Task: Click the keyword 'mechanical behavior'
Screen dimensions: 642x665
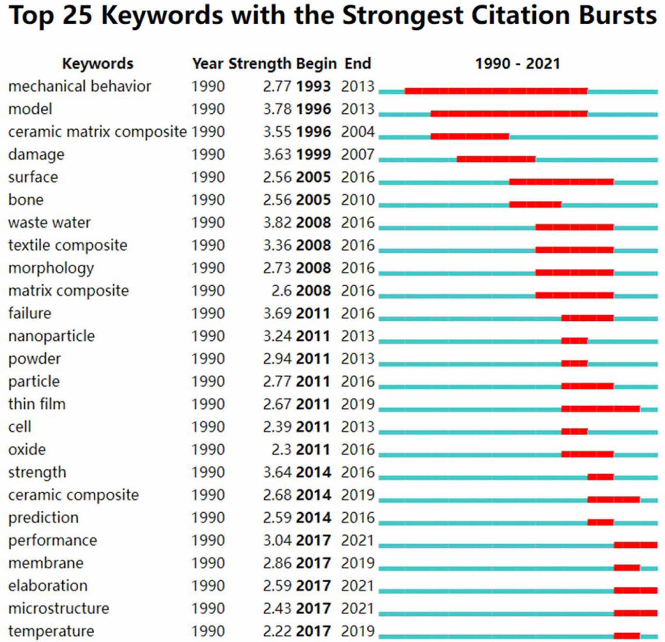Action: point(79,86)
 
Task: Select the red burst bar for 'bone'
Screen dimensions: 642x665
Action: point(535,204)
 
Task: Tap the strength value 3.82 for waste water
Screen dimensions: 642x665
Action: point(277,222)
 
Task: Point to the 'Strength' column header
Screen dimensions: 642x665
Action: point(260,63)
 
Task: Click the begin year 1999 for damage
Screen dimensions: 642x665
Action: point(313,154)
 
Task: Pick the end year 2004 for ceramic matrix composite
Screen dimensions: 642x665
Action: point(357,132)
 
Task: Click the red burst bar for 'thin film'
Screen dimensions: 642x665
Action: point(601,409)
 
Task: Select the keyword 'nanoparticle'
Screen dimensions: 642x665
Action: point(52,336)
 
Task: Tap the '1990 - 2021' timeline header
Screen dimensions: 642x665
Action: point(517,63)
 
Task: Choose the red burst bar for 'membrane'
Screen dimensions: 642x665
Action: point(626,568)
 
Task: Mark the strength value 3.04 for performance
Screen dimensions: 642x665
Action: point(277,541)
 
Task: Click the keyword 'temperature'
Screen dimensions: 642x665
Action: point(51,631)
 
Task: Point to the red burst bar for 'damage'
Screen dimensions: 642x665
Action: point(496,159)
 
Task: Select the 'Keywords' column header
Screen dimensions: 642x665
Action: point(97,63)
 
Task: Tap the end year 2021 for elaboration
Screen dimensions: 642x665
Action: point(357,586)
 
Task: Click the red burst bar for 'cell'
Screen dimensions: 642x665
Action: point(574,431)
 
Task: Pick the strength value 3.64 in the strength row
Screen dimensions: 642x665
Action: point(277,472)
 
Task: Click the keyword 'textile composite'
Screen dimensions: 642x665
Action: point(67,245)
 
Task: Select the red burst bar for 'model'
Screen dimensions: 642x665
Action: point(509,114)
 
